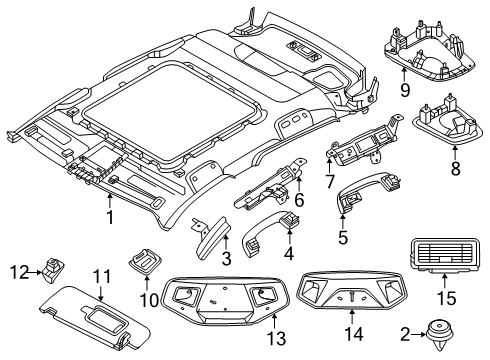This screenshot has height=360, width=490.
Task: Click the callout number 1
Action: click(109, 213)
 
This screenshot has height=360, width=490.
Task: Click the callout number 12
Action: click(18, 271)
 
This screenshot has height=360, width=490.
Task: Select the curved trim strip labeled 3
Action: click(212, 234)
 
